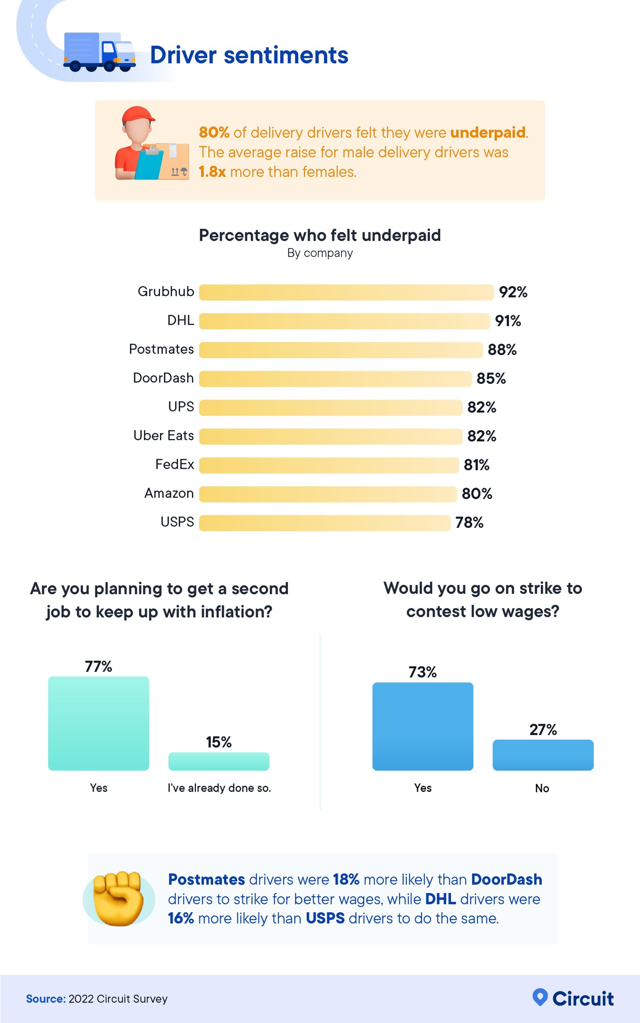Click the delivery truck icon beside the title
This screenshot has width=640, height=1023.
point(99,52)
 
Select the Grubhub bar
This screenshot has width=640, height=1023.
point(346,292)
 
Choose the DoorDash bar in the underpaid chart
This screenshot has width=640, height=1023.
point(335,379)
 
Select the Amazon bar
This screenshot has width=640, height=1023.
point(328,494)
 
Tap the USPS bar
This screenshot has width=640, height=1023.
point(325,523)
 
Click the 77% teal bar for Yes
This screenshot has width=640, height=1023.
point(99,723)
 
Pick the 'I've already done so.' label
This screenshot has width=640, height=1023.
point(219,788)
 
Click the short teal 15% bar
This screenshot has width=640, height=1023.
point(219,761)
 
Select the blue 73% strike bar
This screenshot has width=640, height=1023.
point(422,726)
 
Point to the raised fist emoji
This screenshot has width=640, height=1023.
point(118,898)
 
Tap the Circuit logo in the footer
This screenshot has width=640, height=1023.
point(573,998)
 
